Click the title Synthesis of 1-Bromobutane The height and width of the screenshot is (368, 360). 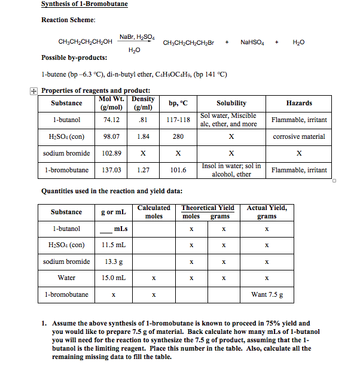(84, 4)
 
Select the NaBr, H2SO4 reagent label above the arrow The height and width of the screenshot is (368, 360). (137, 37)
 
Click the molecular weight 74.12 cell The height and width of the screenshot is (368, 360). (111, 120)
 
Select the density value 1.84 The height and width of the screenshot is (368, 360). (143, 136)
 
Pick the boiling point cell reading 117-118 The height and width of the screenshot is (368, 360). (178, 120)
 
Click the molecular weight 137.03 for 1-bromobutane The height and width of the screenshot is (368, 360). (111, 170)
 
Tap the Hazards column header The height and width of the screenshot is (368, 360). (299, 103)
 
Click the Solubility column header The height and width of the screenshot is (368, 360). (231, 103)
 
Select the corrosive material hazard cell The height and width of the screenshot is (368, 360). (299, 136)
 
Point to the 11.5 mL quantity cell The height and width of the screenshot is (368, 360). (113, 245)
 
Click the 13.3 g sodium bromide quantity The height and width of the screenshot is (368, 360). (113, 261)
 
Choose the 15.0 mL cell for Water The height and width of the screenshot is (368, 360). (113, 278)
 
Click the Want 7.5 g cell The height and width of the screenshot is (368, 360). (267, 294)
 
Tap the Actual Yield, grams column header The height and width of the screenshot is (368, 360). (267, 212)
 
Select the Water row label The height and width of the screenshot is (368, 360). (66, 278)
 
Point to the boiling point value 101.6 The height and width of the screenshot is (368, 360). (178, 170)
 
